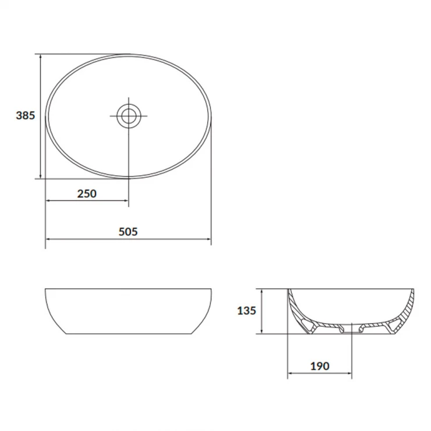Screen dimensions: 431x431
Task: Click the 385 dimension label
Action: [25, 115]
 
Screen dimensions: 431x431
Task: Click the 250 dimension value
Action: [87, 194]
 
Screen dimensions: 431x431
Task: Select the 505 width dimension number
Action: [128, 232]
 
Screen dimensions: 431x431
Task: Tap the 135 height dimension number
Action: [246, 310]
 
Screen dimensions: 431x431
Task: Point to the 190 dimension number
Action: [320, 366]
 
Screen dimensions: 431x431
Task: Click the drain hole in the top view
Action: [129, 116]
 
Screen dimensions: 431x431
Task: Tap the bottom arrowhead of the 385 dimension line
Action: [41, 176]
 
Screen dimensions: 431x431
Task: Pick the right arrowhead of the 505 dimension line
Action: [208, 239]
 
